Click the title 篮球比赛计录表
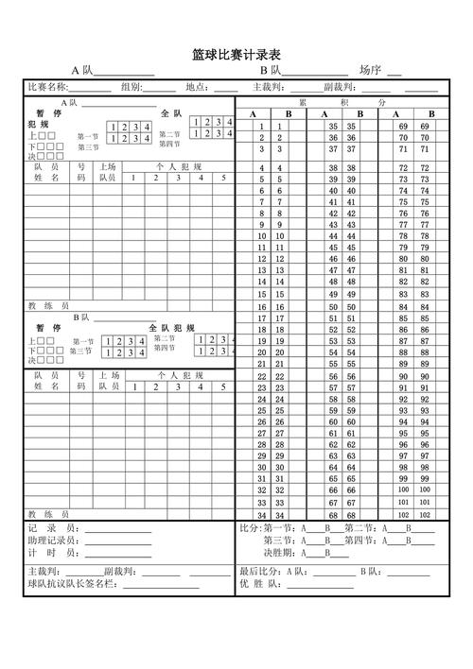tap(236, 55)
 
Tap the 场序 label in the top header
tap(369, 70)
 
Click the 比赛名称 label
tap(47, 87)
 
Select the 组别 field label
tap(131, 87)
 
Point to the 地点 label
tap(198, 87)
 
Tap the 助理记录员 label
tap(55, 540)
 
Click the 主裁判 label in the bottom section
tap(44, 572)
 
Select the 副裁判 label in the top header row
tap(340, 87)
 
